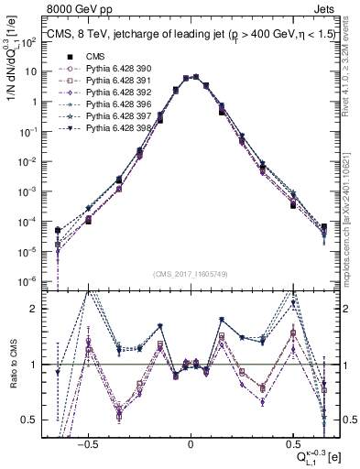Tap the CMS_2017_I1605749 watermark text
pos(190,274)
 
